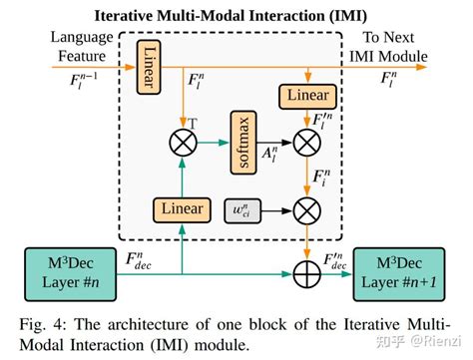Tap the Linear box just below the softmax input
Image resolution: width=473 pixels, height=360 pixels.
183,209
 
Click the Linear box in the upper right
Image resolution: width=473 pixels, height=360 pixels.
308,95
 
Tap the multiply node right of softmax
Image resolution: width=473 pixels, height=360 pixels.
308,142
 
